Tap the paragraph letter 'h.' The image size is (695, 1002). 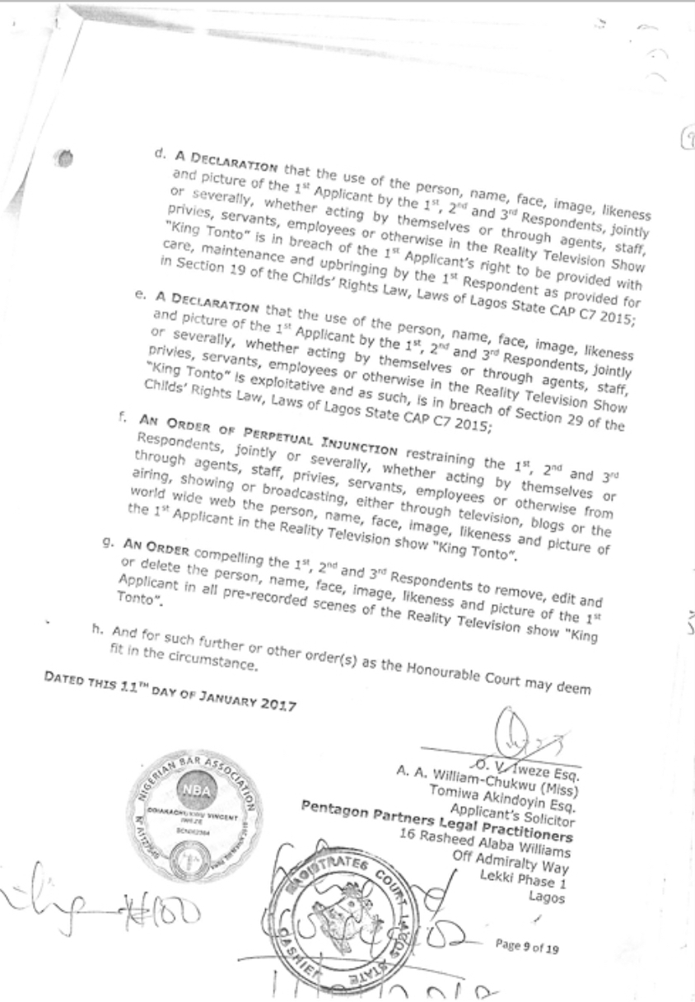point(98,634)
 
